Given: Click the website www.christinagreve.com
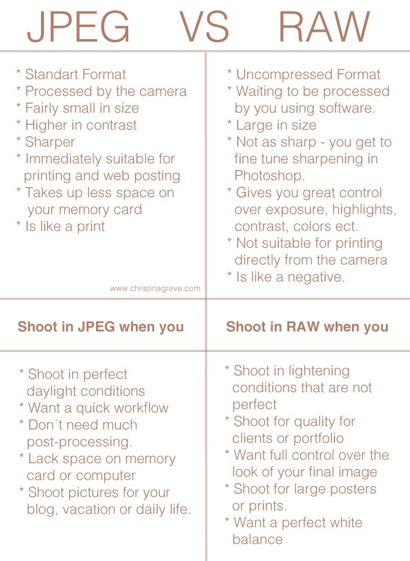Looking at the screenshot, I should click(x=155, y=288).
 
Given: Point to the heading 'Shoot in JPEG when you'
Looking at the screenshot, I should click(x=101, y=327).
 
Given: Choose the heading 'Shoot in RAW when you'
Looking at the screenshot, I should click(x=307, y=327).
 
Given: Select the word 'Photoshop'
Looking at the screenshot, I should click(x=267, y=176).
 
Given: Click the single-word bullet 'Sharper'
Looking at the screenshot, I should click(x=50, y=142).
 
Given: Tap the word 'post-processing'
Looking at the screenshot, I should click(x=79, y=442).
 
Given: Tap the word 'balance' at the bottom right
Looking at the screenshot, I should click(x=257, y=539).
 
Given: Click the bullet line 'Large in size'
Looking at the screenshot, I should click(x=275, y=125).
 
